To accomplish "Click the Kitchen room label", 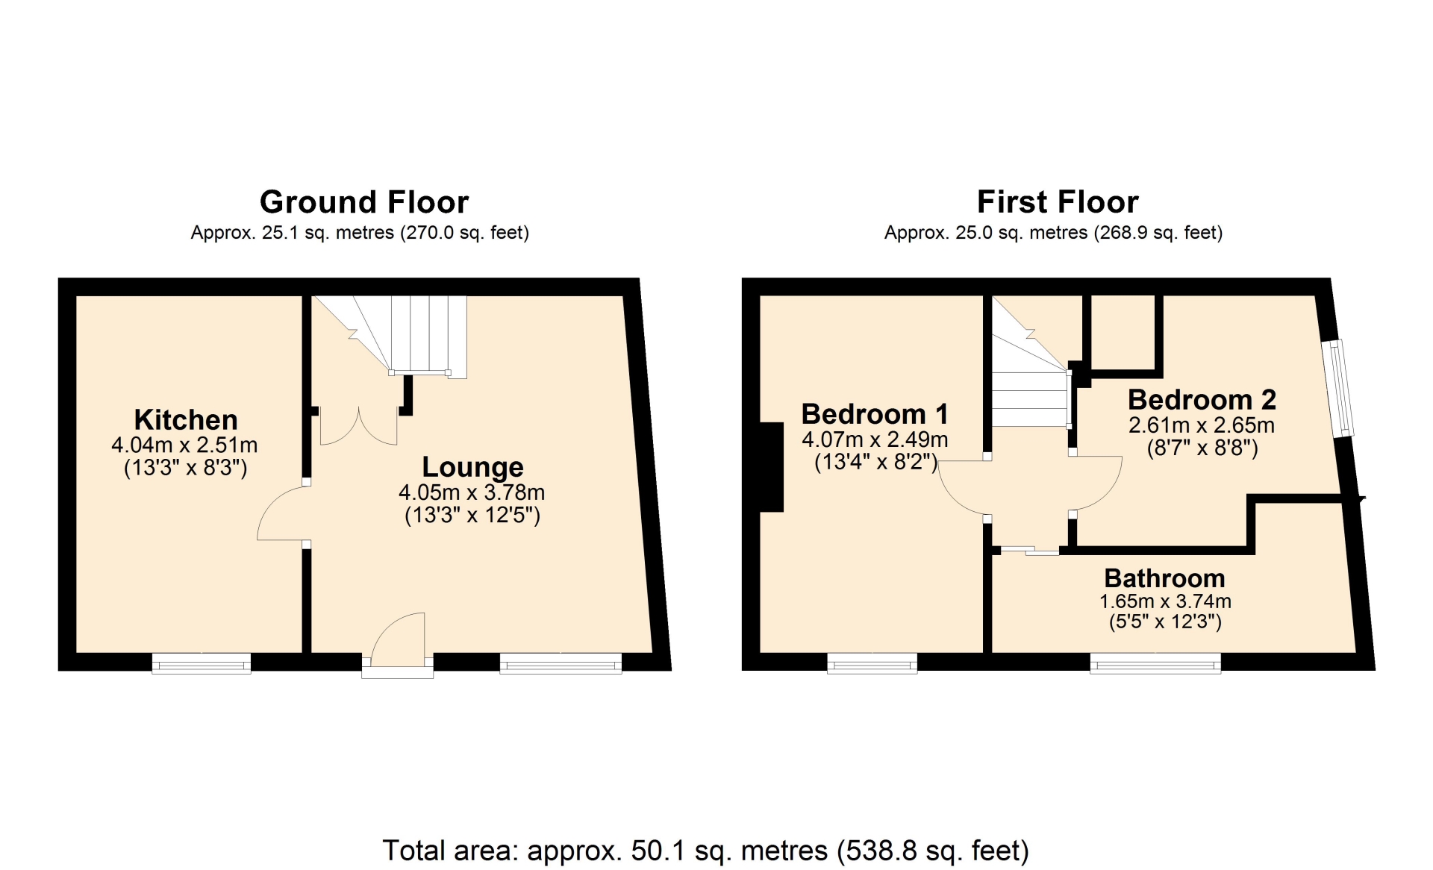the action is click(186, 419).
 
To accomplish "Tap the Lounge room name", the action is click(472, 467).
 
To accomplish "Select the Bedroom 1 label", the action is click(875, 413).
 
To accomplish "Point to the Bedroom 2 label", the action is click(1202, 400).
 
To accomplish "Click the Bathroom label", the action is click(1164, 578).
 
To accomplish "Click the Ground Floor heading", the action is click(364, 202).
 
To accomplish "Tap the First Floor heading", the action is click(1058, 202).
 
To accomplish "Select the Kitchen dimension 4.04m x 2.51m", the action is click(184, 445).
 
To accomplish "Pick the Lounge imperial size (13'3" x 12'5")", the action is click(472, 516).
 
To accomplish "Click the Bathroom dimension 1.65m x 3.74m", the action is click(1165, 601).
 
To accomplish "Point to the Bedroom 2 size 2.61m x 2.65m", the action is click(1202, 425).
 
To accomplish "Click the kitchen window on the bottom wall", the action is click(202, 663).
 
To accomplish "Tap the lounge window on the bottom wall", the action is click(561, 663).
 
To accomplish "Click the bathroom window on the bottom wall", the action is click(1155, 663).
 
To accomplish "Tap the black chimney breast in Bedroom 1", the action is click(772, 467).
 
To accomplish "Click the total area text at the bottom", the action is click(705, 850).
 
